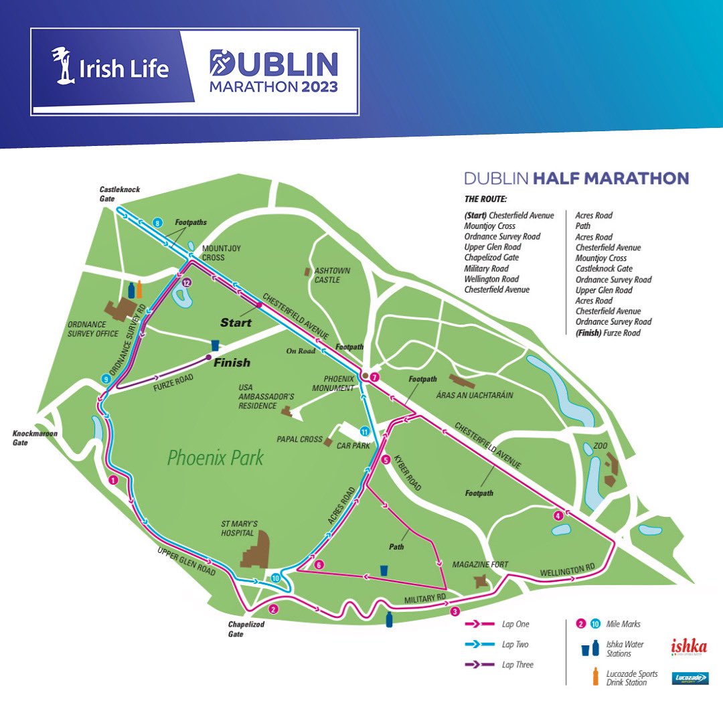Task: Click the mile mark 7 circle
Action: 375,378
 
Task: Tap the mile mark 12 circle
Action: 187,283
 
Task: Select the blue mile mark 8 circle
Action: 158,223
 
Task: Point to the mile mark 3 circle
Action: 455,611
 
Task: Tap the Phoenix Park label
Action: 216,459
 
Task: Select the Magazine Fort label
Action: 480,564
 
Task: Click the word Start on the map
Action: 236,323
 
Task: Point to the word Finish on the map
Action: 232,363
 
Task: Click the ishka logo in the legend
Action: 689,647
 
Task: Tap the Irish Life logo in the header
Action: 111,68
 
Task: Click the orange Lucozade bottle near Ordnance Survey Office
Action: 139,289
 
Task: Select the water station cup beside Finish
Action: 215,345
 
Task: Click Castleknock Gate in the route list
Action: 604,268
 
